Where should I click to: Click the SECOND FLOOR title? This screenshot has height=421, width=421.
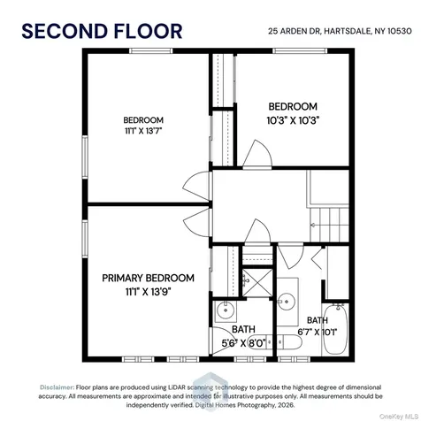pos(102,31)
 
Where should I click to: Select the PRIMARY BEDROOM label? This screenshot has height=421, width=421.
pos(148,278)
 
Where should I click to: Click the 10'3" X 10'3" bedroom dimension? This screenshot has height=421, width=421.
pos(294,120)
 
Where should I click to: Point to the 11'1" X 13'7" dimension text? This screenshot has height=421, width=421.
pos(143,131)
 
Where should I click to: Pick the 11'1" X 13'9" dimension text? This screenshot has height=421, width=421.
pos(149,292)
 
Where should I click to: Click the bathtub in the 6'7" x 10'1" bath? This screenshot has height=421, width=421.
pos(335,329)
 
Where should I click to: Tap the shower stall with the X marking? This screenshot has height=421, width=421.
pos(257,282)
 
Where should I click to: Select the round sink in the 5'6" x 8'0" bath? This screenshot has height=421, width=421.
pos(226,310)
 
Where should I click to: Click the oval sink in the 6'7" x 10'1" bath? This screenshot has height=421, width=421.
pos(287,302)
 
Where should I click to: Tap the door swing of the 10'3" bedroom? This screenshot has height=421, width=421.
pos(257,154)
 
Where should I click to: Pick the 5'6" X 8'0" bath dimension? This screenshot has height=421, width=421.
pos(243,343)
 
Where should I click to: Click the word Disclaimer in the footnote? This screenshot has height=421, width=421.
pos(57,387)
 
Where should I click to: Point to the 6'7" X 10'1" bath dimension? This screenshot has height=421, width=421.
pos(318,333)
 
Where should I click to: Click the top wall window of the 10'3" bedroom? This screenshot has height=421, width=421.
pos(300,50)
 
